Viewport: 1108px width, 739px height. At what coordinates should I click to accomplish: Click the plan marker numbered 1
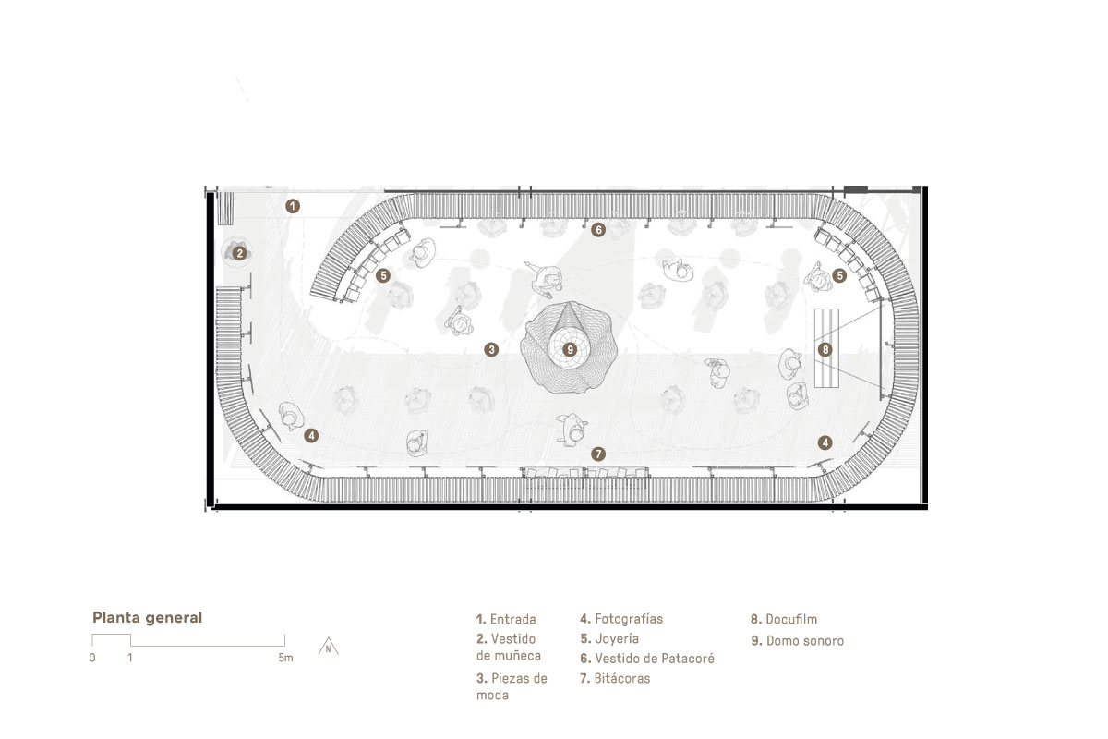pyautogui.click(x=293, y=206)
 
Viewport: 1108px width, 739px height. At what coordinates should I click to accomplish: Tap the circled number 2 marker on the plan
pyautogui.click(x=239, y=253)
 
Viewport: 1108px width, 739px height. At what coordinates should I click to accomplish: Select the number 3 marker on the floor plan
pyautogui.click(x=491, y=349)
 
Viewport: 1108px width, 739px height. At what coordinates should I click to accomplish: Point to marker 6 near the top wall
pyautogui.click(x=598, y=230)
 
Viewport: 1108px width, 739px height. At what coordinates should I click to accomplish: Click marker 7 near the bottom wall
pyautogui.click(x=598, y=454)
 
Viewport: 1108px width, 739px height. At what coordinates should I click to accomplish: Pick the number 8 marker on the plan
pyautogui.click(x=825, y=349)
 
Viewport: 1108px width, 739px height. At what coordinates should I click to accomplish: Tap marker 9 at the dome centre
pyautogui.click(x=570, y=350)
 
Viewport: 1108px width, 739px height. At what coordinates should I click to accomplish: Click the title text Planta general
pyautogui.click(x=148, y=618)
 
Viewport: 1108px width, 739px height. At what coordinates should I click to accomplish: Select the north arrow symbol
pyautogui.click(x=329, y=647)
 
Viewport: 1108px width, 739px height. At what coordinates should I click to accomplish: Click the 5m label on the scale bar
pyautogui.click(x=285, y=658)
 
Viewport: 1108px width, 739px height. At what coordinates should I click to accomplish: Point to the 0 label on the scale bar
pyautogui.click(x=92, y=658)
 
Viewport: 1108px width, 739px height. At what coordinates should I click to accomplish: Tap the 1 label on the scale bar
pyautogui.click(x=130, y=658)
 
